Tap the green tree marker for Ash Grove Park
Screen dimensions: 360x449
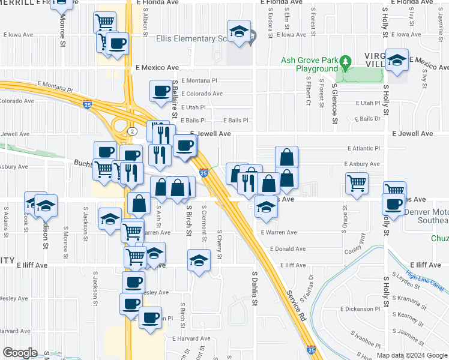345,62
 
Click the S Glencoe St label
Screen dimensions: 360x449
335,101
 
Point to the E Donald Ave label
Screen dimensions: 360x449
288,248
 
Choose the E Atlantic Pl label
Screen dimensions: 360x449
364,148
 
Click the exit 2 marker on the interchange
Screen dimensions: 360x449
131,130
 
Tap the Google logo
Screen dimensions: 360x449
20,353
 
